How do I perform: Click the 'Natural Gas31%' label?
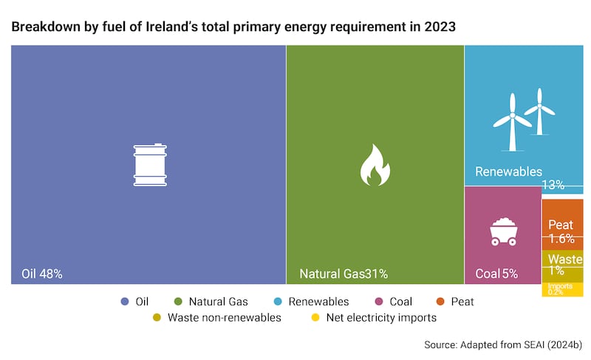click(344, 274)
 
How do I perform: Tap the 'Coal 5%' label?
click(496, 274)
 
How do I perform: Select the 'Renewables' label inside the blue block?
click(508, 172)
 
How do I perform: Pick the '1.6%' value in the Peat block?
click(561, 239)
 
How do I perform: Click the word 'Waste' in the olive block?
click(565, 259)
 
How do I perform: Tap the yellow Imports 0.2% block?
click(562, 289)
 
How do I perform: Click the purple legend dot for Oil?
click(124, 302)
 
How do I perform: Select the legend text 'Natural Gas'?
click(218, 302)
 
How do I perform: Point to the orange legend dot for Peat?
click(439, 302)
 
